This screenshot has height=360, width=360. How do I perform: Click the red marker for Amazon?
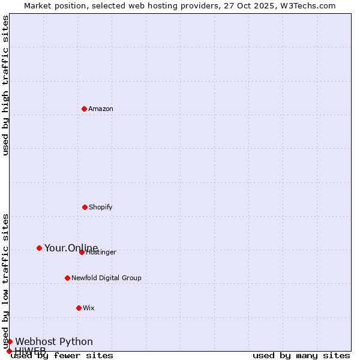(x=84, y=109)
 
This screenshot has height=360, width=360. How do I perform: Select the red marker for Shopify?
(x=85, y=207)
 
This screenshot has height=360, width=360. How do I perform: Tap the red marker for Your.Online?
(x=39, y=248)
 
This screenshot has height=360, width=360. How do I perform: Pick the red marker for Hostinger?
(x=82, y=252)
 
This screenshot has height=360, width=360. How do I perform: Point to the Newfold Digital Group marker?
(x=67, y=278)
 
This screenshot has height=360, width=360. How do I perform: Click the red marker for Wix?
(x=79, y=308)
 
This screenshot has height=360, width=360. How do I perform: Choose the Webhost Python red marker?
(x=10, y=341)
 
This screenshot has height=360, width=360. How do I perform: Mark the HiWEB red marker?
(x=9, y=351)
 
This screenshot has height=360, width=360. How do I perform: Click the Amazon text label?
(x=101, y=109)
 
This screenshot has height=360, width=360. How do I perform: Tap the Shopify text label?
(x=101, y=207)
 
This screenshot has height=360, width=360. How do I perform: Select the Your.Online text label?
(x=71, y=248)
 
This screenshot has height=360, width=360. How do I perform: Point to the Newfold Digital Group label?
(x=106, y=278)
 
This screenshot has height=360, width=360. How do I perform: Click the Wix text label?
(x=89, y=308)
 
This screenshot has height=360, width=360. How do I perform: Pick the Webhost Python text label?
(x=54, y=341)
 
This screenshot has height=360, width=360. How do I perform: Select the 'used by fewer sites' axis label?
(x=62, y=356)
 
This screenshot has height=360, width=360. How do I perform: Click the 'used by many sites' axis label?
(x=301, y=356)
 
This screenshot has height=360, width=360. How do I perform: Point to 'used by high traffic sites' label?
(x=5, y=85)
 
